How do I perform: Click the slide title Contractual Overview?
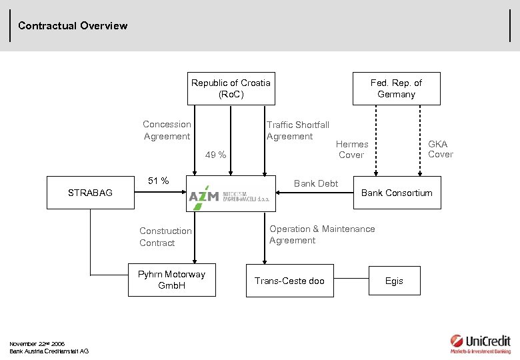(x=73, y=26)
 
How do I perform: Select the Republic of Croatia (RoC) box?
(x=231, y=89)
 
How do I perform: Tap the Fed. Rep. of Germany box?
(x=396, y=89)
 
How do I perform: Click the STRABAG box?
(x=90, y=193)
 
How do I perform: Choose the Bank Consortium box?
(x=397, y=193)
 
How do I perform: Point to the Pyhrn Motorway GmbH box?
(x=171, y=280)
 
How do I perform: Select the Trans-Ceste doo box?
(x=289, y=281)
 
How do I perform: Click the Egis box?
(x=394, y=281)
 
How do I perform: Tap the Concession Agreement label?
(x=167, y=130)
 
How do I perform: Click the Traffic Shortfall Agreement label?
(x=297, y=130)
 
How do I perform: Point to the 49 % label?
(x=215, y=155)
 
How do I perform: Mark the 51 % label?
(x=158, y=181)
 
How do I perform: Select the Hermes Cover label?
(x=351, y=149)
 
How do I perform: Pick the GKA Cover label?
(x=439, y=149)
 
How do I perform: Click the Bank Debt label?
(x=316, y=183)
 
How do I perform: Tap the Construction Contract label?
(x=165, y=237)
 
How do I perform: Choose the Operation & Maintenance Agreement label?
(x=322, y=235)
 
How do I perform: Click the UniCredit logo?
(x=479, y=343)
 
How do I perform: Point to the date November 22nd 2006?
(x=37, y=344)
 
